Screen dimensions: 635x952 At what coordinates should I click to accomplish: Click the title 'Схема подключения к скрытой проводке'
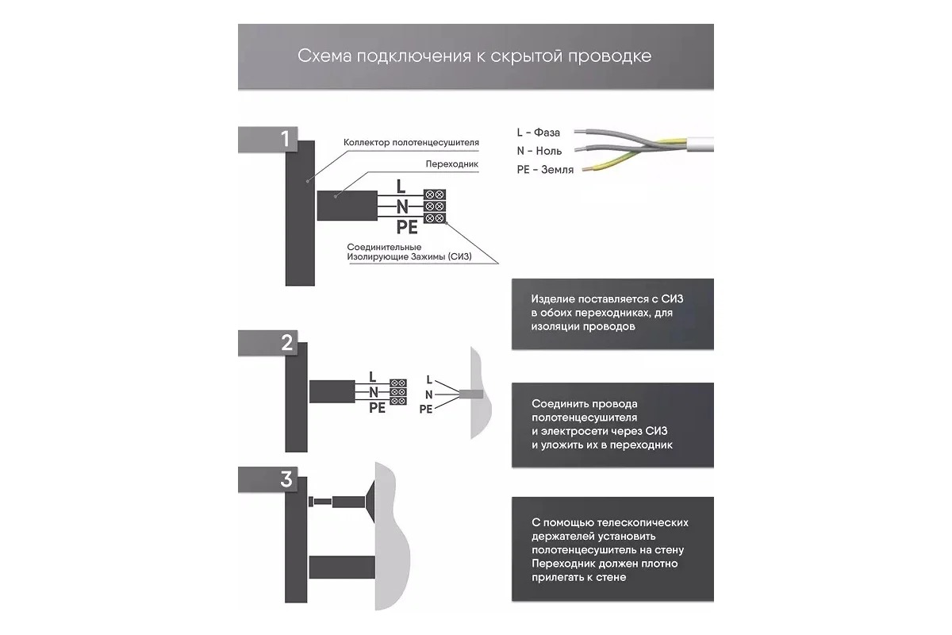coord(475,56)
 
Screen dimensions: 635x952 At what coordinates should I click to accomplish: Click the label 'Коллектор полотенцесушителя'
coord(411,143)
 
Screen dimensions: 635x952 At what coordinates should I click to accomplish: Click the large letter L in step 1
coord(401,187)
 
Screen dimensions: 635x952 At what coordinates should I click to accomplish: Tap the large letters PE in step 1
coord(407,227)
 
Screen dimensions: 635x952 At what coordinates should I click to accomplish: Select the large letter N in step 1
coord(401,206)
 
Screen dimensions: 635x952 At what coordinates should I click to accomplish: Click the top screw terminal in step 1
coord(434,194)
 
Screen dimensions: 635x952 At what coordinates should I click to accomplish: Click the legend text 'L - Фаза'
coord(538,132)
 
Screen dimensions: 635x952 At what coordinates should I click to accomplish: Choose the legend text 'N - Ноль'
coord(539,151)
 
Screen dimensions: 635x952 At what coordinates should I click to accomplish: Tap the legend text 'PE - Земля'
coord(544,170)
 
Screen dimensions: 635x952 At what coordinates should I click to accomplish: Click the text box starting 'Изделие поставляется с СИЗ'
coord(612,313)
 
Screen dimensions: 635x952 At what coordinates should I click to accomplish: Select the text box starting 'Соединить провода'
coord(612,425)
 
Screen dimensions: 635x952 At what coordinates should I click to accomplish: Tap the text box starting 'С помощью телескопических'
coord(612,550)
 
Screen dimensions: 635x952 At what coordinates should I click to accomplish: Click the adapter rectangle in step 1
coord(346,206)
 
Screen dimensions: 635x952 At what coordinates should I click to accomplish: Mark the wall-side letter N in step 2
coord(429,394)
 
